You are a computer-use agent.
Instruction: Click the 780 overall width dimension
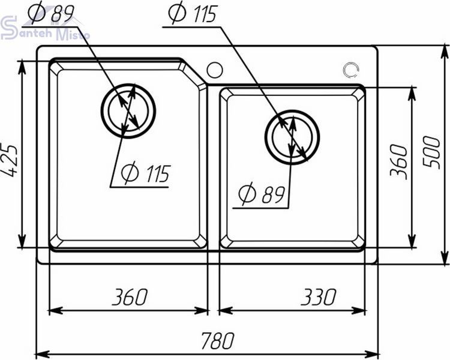[218, 341]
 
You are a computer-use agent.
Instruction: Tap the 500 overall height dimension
[431, 153]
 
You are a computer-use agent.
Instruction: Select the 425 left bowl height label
[10, 161]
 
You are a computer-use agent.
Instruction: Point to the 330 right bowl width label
[319, 297]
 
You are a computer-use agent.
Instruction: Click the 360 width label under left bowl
[130, 297]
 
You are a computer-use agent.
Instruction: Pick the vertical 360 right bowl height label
[399, 163]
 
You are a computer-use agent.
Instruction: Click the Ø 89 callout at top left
[52, 13]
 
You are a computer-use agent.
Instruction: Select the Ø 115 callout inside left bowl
[146, 173]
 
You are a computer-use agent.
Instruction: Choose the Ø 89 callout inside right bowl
[262, 193]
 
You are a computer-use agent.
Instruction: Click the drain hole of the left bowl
[128, 111]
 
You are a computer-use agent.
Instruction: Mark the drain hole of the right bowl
[292, 137]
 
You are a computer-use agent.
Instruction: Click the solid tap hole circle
[215, 70]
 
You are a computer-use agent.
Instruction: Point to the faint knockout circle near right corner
[351, 70]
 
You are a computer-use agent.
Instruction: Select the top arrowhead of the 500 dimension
[445, 52]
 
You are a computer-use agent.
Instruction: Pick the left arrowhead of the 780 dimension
[42, 353]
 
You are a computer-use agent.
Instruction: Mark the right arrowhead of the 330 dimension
[358, 311]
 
